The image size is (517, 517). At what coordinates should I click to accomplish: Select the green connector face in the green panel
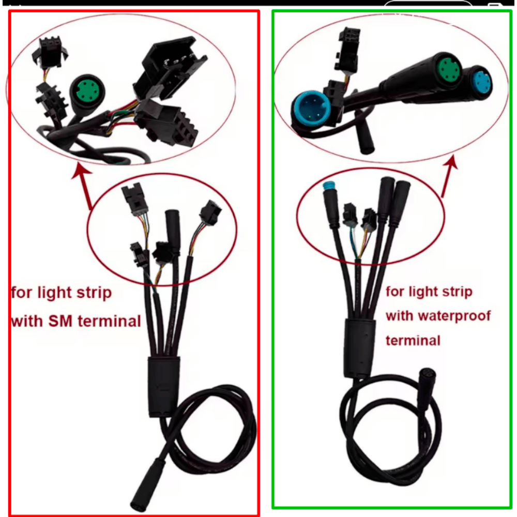448,70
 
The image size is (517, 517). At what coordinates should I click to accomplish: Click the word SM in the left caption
60,321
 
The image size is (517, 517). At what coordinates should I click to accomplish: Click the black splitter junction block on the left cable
163,386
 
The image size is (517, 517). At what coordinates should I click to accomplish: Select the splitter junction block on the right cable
360,348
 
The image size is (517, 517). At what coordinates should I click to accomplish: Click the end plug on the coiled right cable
427,389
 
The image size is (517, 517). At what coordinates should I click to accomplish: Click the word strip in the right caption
457,292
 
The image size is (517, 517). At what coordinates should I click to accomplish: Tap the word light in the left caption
54,293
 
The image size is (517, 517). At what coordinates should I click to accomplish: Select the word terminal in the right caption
413,340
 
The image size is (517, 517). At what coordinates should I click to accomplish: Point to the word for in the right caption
394,292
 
